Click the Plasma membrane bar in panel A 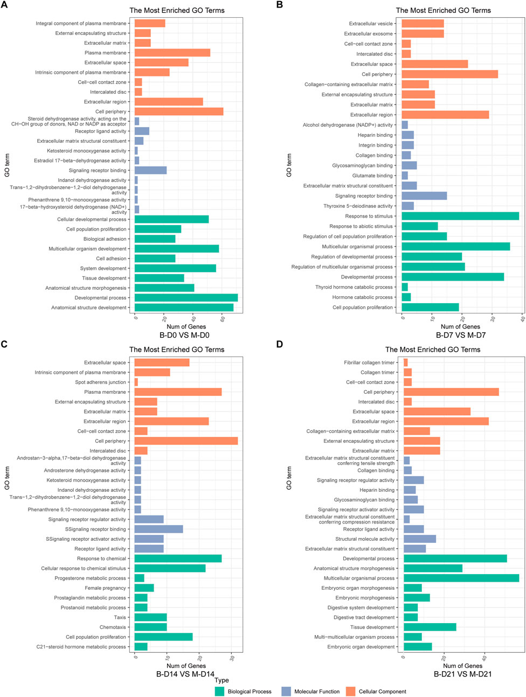coord(172,53)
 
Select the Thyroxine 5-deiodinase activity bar coord(407,206)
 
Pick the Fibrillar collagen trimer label coord(369,363)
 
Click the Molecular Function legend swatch coord(286,691)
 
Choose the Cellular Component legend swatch coord(351,691)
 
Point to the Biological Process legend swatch coord(219,691)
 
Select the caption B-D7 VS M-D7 coord(460,335)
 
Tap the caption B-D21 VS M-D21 coord(462,674)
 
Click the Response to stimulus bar coord(460,216)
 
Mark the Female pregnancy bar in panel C coord(144,588)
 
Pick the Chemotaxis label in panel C coord(113,628)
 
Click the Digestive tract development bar coord(410,617)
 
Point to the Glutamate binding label coord(372,176)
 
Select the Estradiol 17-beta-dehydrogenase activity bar coord(137,161)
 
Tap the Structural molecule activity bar coord(419,539)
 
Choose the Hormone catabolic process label coord(362,297)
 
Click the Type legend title coord(222,680)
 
